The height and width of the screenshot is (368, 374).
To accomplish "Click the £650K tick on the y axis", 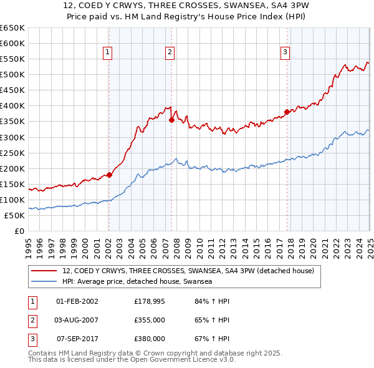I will [x=12, y=28].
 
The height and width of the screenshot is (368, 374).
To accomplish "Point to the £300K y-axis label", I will [x=12, y=137].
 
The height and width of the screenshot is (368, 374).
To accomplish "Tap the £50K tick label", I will [x=15, y=216].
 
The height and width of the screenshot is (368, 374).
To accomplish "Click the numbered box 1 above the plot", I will [x=108, y=52].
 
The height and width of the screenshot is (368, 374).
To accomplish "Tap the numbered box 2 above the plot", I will [x=170, y=52].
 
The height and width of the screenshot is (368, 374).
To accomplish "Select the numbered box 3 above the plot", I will [x=285, y=52].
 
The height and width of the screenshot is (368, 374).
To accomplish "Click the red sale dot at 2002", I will [x=109, y=175].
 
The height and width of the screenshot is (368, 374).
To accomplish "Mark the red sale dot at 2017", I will [x=287, y=112].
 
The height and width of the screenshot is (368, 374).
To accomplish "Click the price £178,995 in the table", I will [x=149, y=301].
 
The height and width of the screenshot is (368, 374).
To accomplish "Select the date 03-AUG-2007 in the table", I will [x=77, y=320].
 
